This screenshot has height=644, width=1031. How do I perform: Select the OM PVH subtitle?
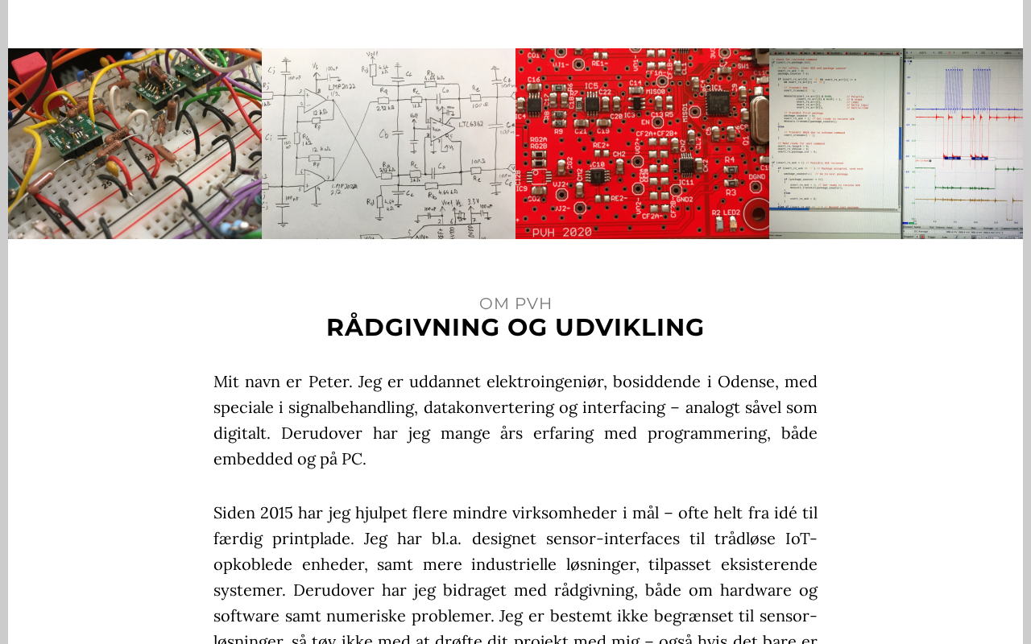coord(515,303)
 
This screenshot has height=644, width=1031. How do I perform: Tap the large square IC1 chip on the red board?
coord(718,103)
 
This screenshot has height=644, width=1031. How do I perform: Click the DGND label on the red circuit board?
coord(756,177)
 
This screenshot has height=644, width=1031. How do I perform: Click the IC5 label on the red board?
coord(592,86)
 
